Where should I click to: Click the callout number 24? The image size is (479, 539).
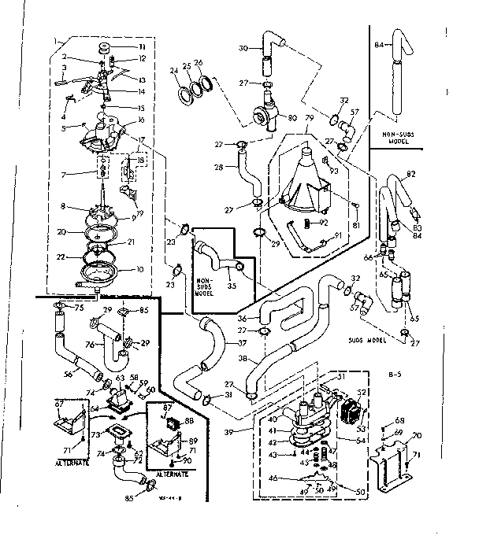click(x=175, y=70)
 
